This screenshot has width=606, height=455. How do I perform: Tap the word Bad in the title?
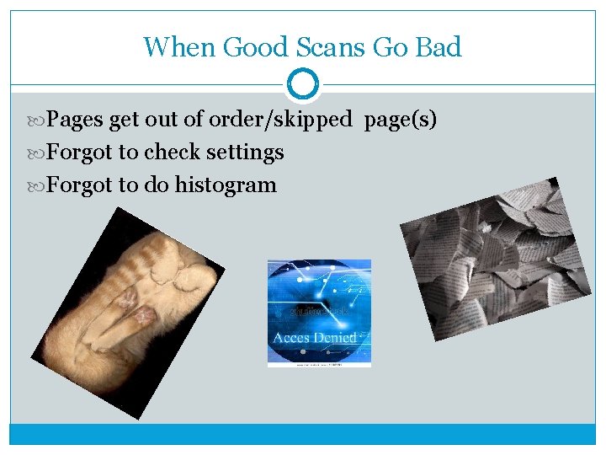coord(439,46)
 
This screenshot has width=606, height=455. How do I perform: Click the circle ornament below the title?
coord(302,84)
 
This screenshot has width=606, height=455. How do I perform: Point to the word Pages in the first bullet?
coord(75,120)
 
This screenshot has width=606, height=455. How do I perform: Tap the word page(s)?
coord(400,120)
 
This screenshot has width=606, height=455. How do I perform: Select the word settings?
coord(245,153)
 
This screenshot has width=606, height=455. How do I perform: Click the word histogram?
coord(226,185)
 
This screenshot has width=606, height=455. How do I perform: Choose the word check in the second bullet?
coord(173,153)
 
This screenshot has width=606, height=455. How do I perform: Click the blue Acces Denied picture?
coord(318,303)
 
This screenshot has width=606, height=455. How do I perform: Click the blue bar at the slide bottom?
coord(302,433)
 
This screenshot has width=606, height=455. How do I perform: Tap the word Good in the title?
coord(249,46)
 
